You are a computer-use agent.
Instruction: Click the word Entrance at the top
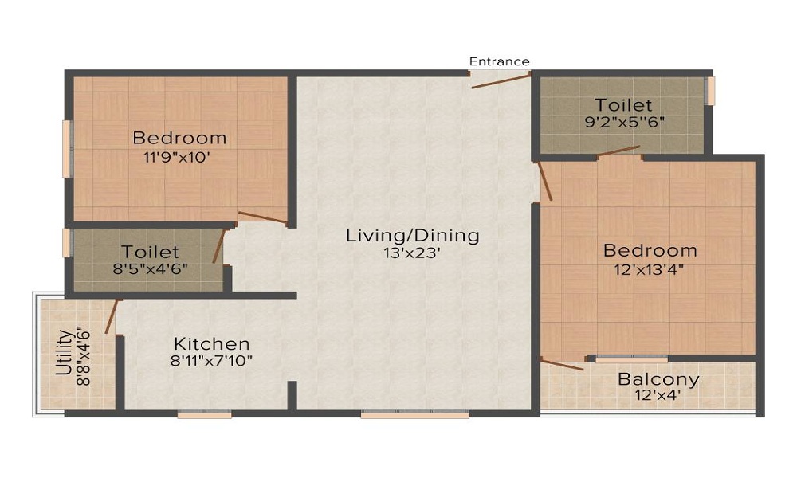point(499,61)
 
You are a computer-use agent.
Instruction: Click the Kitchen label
point(212,344)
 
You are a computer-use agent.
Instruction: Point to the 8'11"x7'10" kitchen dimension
point(212,361)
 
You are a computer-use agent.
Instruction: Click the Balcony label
point(658,379)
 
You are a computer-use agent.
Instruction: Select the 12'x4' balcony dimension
point(658,395)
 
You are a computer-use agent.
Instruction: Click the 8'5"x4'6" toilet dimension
point(150,268)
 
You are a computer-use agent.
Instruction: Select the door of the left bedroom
point(262,217)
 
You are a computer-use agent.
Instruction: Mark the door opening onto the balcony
point(563,364)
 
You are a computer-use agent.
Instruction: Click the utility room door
point(112,316)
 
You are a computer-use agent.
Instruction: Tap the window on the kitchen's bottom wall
point(204,414)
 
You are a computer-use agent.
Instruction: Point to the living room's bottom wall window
point(414,414)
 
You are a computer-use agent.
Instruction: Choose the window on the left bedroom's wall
point(68,149)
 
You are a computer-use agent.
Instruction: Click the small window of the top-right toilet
point(710,91)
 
